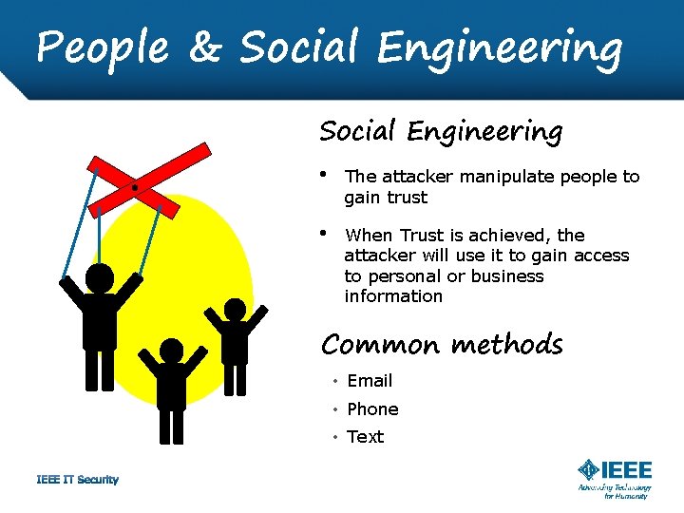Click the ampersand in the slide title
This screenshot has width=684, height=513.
pos(203,47)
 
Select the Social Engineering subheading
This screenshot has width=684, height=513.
pos(441,131)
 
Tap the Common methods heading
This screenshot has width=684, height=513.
pos(442,344)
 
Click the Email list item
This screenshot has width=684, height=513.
pos(370,381)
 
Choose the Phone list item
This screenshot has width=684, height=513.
pos(372,409)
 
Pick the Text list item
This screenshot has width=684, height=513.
pos(366,437)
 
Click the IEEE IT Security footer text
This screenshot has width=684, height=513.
pos(77,480)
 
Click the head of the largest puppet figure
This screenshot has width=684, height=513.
pos(100,277)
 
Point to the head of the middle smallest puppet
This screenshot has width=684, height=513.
pos(172,351)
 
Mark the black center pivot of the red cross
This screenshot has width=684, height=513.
pos(135,187)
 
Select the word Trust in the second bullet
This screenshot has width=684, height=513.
pos(423,236)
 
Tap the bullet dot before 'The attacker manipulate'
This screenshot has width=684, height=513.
pos(325,175)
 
